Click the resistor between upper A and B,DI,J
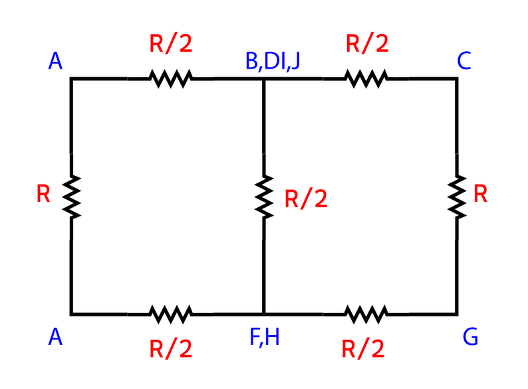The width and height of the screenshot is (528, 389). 172,79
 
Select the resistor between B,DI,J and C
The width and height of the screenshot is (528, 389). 365,79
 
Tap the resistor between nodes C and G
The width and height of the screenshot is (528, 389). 457,196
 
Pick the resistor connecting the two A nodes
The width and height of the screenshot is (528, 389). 71,196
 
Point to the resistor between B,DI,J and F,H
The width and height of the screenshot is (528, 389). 264,196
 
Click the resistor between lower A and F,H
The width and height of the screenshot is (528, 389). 172,313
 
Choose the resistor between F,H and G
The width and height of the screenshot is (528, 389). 365,313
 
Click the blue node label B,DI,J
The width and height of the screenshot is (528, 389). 273,61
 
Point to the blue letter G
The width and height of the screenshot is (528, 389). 470,337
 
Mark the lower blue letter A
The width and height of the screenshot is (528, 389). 56,338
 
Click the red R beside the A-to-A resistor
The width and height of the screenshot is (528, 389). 43,195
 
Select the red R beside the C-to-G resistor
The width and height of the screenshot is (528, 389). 481,194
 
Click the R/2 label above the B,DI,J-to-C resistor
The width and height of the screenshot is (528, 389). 367,45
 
